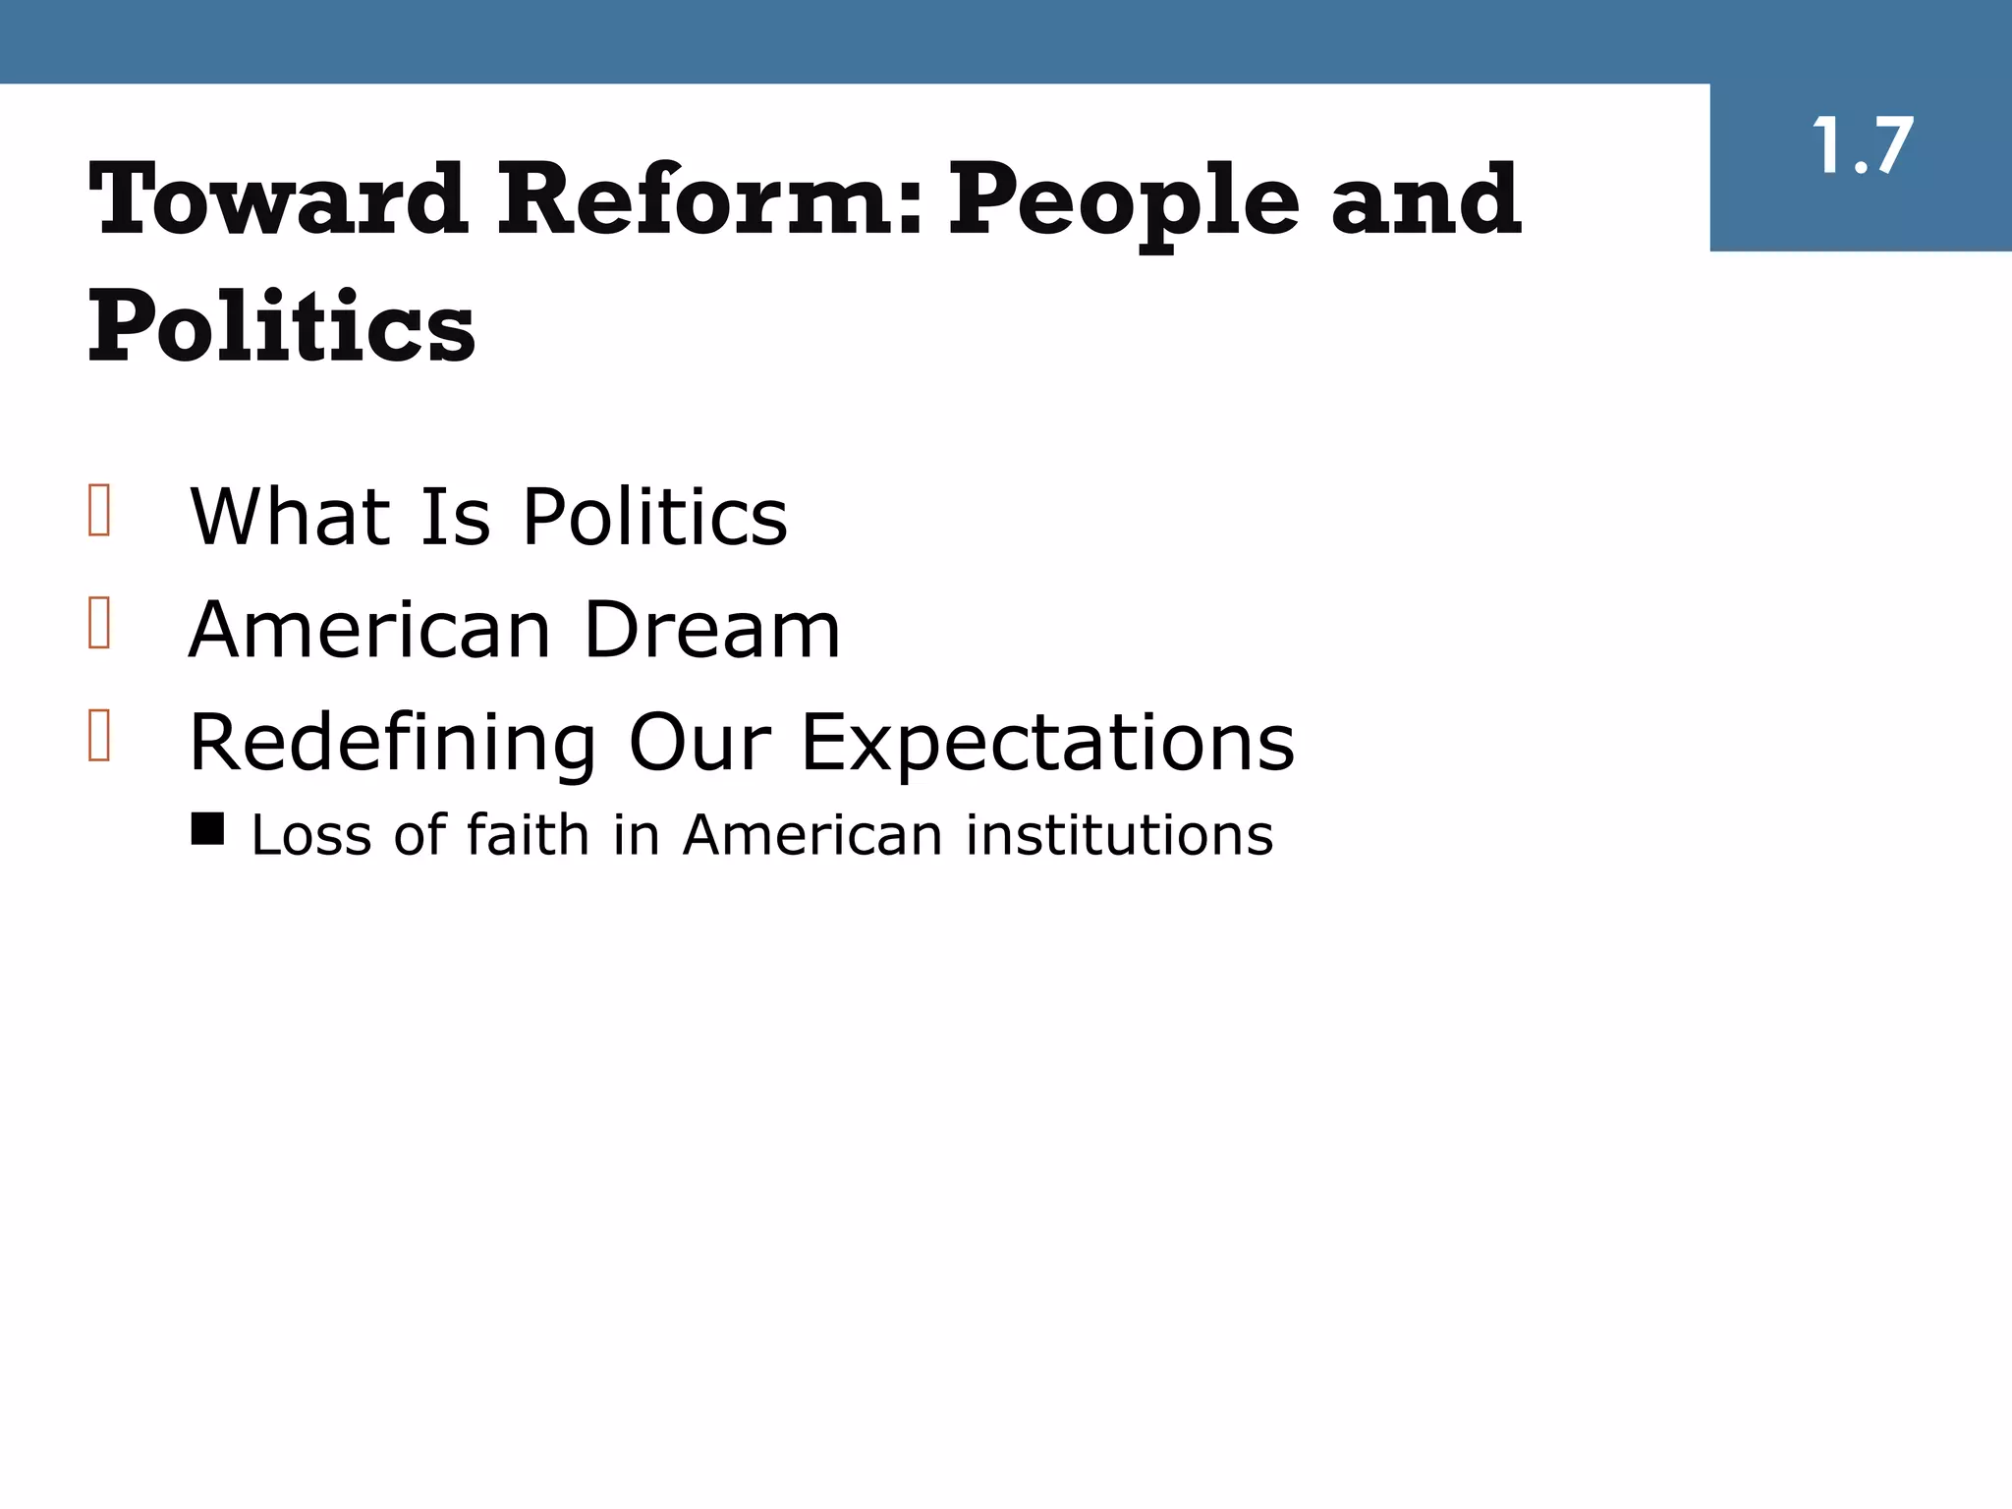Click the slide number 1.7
[1862, 147]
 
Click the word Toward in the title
[278, 200]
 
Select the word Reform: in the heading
[710, 200]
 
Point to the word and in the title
[1425, 200]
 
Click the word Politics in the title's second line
[282, 326]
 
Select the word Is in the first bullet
[456, 517]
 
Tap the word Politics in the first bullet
[654, 517]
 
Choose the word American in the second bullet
[369, 630]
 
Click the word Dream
[712, 630]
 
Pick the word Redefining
[392, 744]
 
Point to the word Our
[699, 743]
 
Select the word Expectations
[1048, 744]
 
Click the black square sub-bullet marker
[207, 828]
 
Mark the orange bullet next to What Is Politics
[99, 510]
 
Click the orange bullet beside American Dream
[99, 622]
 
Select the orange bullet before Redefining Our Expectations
[99, 735]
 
